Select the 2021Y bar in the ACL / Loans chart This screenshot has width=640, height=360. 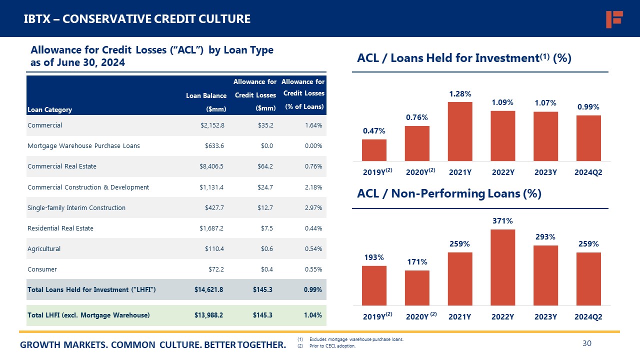click(460, 131)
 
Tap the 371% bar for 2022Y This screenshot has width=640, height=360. click(503, 267)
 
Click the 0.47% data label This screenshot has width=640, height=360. click(374, 131)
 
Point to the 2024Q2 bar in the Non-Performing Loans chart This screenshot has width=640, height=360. click(588, 278)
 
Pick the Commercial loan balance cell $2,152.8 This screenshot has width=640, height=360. click(212, 125)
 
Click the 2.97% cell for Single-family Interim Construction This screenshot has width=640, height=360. click(313, 207)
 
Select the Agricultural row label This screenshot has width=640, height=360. click(43, 248)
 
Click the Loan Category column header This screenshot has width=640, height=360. click(49, 110)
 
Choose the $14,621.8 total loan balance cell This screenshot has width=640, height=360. click(208, 289)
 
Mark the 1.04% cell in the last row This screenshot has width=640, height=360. click(313, 315)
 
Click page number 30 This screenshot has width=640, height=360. click(587, 343)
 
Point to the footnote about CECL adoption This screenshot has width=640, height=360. click(332, 346)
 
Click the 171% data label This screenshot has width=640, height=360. click(416, 261)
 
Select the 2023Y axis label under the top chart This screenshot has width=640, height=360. click(545, 172)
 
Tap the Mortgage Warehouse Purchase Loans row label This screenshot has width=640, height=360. click(83, 146)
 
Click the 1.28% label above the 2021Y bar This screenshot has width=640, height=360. click(460, 93)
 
